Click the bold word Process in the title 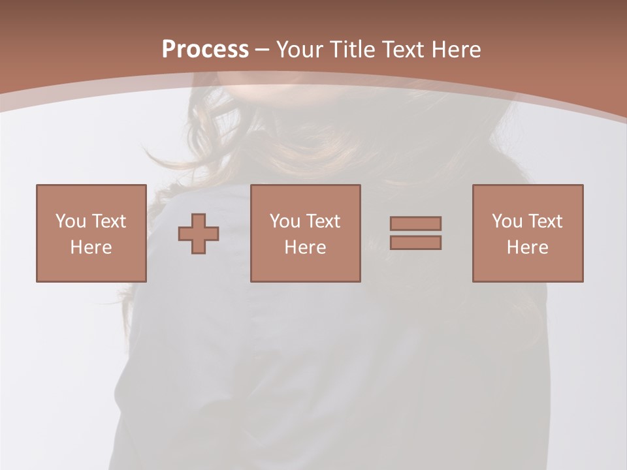coord(205,50)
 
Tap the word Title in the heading coord(352,50)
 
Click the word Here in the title coord(457,50)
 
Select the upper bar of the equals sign coord(415,224)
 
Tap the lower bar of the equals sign coord(415,242)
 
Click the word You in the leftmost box coord(71,221)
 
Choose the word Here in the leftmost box coord(91,247)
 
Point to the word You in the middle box coord(285,221)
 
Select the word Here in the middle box coord(305,247)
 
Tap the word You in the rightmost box coord(507,221)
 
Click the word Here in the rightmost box coord(527,247)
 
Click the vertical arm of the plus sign coord(199,222)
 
